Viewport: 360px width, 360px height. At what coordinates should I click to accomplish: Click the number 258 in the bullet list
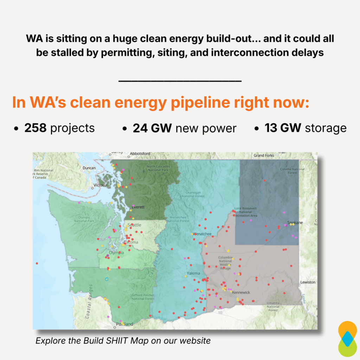pos(35,128)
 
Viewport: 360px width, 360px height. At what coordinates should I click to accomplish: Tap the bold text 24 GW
pos(152,128)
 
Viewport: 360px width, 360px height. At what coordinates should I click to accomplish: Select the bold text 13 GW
pos(283,128)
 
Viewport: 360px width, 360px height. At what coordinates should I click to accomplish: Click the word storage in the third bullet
pos(326,128)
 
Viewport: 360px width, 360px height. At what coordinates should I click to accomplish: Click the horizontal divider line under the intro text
pos(180,81)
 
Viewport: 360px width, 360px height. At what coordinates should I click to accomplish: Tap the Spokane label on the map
pos(295,223)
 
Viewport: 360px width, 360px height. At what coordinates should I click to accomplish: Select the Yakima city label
pos(193,273)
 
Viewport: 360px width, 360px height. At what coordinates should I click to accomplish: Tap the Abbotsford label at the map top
pos(140,154)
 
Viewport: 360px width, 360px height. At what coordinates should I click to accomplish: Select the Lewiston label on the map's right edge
pos(308,282)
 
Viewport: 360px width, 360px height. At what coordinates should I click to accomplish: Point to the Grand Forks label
pos(264,155)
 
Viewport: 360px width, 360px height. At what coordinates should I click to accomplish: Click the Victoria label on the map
pos(100,185)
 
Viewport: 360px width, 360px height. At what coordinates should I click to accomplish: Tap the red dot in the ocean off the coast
pos(37,263)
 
